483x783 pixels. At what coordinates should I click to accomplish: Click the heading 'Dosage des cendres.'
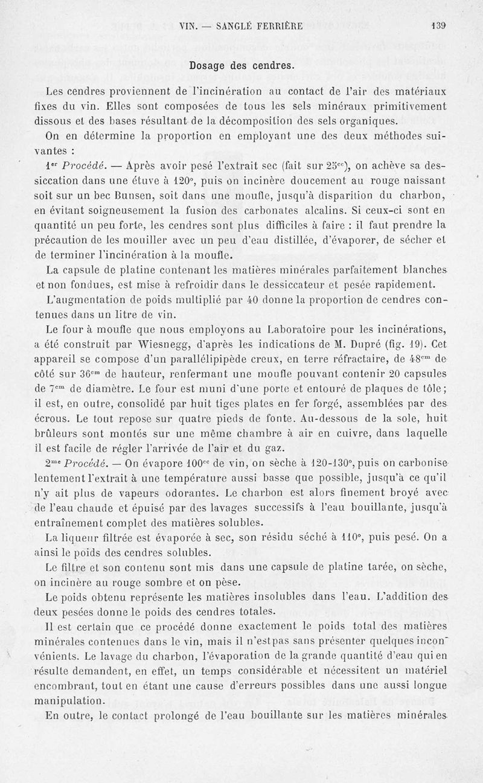click(x=241, y=65)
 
